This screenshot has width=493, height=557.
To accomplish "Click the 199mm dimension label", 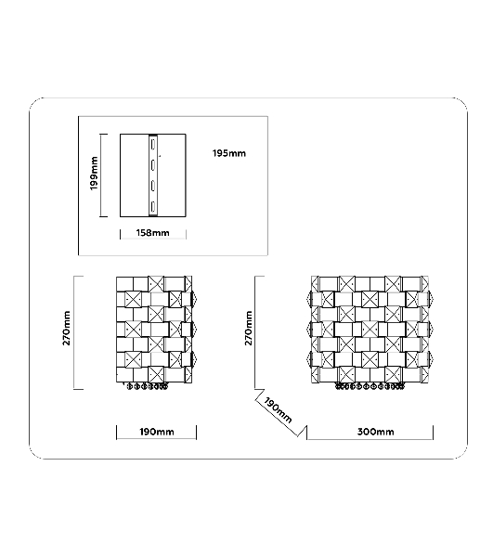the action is pos(94,174).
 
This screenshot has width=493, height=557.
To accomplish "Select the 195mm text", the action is pos(229,153).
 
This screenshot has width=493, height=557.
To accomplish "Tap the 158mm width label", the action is pos(153,233).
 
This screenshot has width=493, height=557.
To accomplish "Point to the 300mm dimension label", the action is pos(375,432).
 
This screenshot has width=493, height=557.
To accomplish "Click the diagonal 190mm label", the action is pos(278,410).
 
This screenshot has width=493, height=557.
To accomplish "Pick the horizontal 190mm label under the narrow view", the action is pos(157,432).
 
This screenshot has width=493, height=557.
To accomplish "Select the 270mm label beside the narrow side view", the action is pos(67,328).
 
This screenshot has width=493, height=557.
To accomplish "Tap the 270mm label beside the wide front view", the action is pos(248,328).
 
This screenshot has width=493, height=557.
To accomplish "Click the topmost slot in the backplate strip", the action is pos(153,145).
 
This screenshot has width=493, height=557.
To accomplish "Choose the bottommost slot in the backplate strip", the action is pos(153,206).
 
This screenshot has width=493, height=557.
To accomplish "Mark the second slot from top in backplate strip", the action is pos(153,165).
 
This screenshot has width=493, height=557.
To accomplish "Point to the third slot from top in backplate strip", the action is pos(153,186).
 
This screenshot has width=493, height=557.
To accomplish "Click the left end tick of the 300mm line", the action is pos(307,433).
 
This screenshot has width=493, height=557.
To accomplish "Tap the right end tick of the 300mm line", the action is pos(433,433).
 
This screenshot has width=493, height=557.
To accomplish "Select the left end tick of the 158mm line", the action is pos(120,234).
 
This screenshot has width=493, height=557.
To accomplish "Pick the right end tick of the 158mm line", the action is pos(186,234).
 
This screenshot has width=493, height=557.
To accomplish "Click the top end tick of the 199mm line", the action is pos(103,135).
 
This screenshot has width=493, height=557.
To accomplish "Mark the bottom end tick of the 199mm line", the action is pos(103,216).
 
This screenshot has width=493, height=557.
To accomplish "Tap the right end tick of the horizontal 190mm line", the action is pos(196,433).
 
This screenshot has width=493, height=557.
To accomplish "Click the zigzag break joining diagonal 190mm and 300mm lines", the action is pos(302,432).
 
